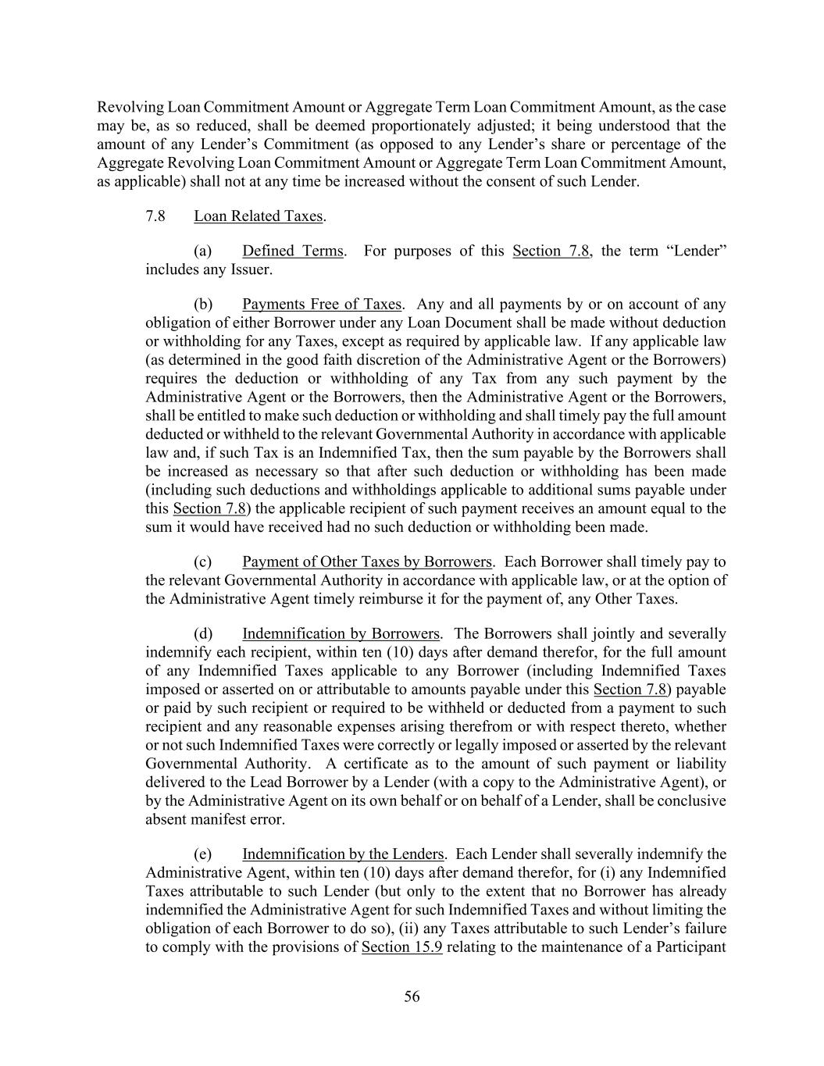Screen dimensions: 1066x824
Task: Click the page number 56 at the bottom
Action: [x=412, y=996]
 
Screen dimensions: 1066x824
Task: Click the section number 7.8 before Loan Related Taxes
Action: [x=155, y=216]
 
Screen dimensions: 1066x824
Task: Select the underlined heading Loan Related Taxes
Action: [x=259, y=216]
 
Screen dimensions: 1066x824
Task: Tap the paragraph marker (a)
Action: [x=202, y=251]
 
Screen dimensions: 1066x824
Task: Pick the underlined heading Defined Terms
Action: [x=292, y=251]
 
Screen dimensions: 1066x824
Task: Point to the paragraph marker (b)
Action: [x=202, y=304]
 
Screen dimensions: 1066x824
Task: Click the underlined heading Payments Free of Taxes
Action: [x=322, y=304]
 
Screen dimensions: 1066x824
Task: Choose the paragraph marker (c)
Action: [x=202, y=562]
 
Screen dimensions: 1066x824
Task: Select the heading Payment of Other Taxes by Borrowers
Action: [x=366, y=562]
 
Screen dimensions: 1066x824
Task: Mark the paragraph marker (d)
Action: [x=202, y=633]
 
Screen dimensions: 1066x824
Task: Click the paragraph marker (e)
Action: [x=202, y=854]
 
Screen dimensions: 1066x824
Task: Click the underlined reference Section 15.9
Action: [x=401, y=947]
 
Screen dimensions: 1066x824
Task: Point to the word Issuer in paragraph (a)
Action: [x=250, y=269]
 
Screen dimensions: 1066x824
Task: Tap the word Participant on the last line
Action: [x=691, y=947]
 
